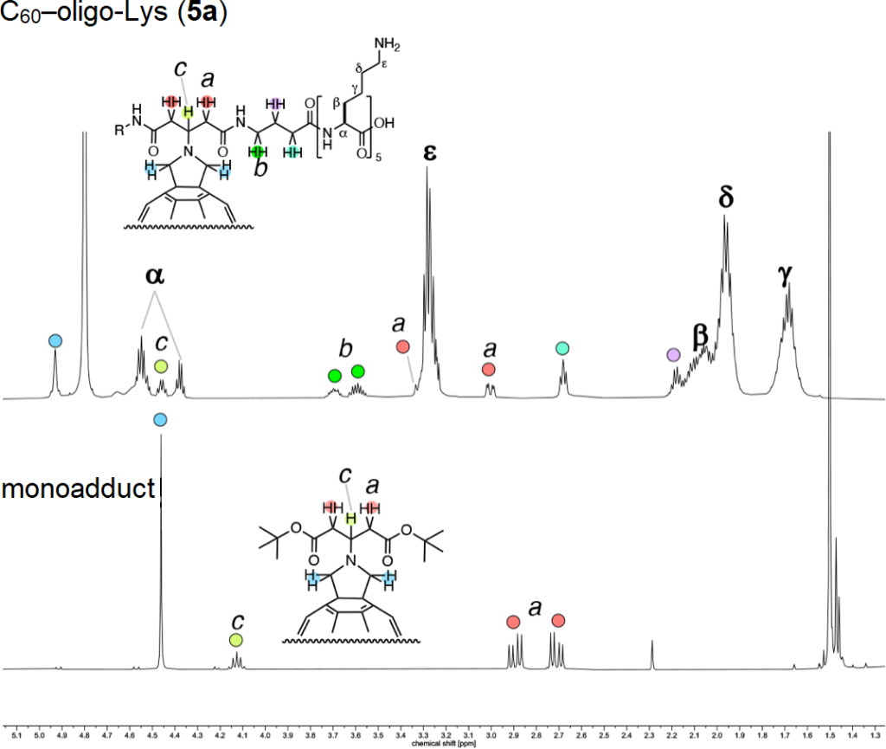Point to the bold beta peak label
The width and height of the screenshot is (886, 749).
(x=701, y=334)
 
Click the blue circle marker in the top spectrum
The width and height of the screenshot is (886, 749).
(x=55, y=341)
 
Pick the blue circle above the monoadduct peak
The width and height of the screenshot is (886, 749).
(x=159, y=420)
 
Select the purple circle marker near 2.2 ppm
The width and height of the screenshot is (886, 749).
(x=674, y=354)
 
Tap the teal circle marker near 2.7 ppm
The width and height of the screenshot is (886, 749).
(x=562, y=348)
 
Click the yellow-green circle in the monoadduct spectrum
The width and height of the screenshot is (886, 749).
(x=236, y=640)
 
